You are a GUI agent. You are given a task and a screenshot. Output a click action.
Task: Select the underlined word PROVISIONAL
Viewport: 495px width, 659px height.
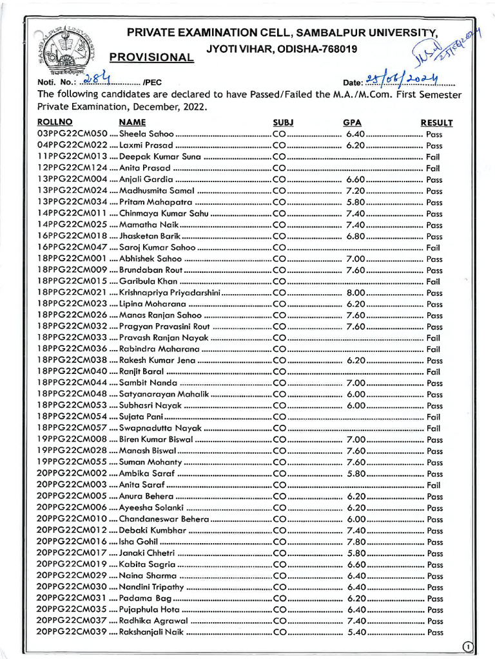coord(151,57)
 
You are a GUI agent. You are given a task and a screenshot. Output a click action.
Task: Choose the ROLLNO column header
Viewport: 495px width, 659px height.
coord(55,122)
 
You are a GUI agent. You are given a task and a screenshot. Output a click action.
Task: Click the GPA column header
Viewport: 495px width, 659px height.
coord(352,122)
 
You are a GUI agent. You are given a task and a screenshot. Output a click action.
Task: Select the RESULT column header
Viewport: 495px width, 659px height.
coord(436,122)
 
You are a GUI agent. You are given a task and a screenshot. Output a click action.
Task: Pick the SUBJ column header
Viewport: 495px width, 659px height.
coord(283,122)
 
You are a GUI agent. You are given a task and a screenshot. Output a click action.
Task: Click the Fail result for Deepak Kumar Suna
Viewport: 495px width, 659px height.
coord(433,157)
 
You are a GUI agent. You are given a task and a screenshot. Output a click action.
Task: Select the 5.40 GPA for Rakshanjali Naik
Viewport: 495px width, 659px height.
coord(356,632)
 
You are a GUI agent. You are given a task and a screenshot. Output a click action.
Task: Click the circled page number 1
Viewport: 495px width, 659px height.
coord(469,647)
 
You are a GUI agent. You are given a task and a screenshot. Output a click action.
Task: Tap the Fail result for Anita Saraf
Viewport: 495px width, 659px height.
coord(433,485)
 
